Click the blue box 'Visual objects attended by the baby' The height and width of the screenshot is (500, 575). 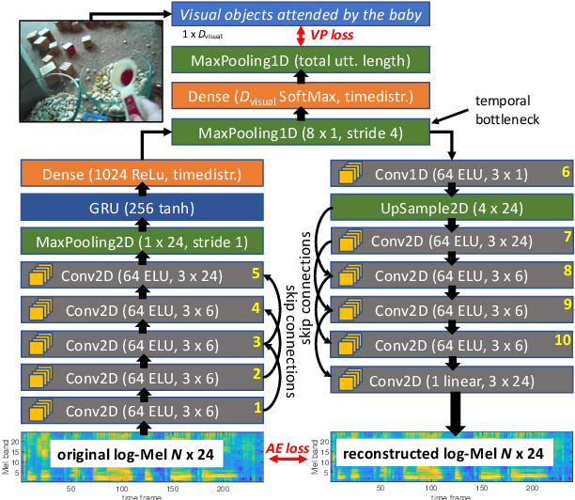(x=301, y=14)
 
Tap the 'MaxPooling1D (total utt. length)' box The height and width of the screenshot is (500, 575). (x=301, y=62)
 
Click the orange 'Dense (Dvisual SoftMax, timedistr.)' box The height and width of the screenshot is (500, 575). (x=301, y=96)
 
